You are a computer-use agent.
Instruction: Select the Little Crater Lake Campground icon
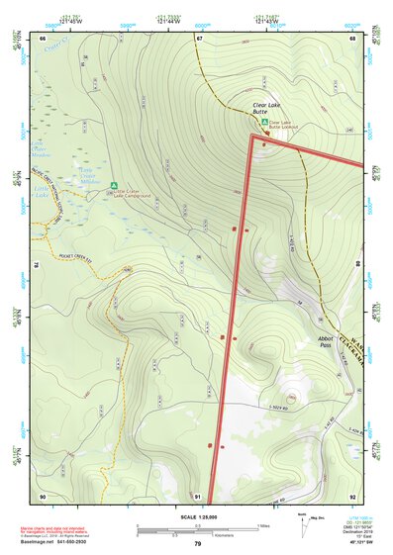point(115,184)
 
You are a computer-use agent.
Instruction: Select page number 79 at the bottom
point(197,544)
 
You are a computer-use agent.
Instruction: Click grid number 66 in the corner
point(43,38)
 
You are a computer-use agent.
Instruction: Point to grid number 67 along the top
point(198,38)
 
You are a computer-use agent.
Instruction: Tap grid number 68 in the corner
point(353,38)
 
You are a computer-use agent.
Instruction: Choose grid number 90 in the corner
point(43,496)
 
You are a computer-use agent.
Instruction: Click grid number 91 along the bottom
point(198,496)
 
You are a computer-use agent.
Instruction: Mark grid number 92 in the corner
point(353,496)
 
